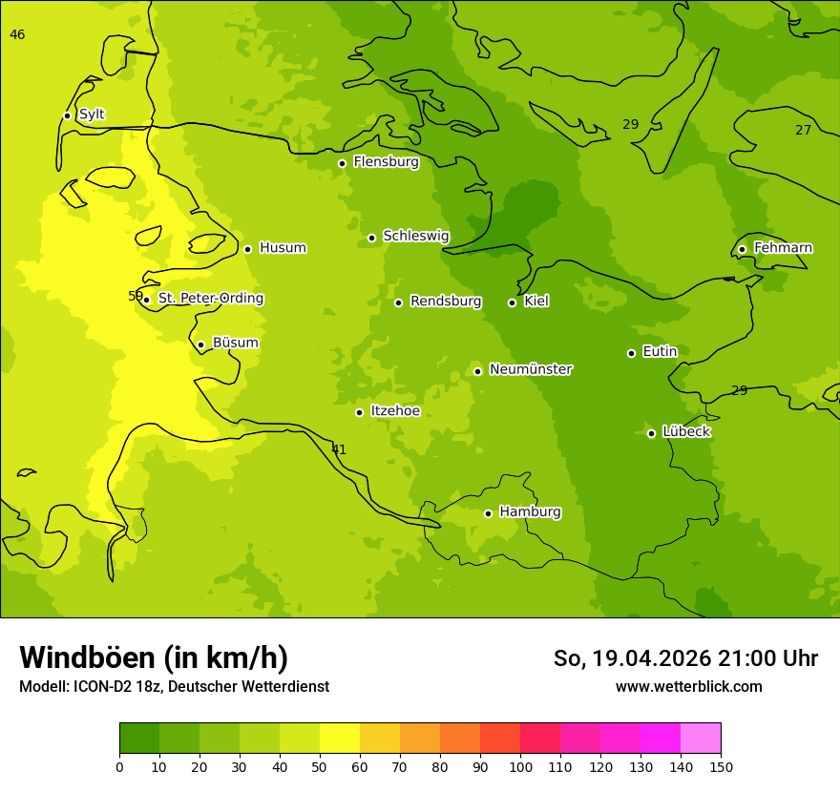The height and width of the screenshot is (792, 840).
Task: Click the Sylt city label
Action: click(92, 115)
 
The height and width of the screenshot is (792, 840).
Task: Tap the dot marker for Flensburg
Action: click(342, 163)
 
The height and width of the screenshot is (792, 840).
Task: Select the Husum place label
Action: click(283, 248)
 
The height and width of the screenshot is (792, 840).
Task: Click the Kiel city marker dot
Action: click(512, 302)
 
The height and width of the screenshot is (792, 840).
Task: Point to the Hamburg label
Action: click(530, 512)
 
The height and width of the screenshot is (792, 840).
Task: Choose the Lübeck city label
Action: click(685, 432)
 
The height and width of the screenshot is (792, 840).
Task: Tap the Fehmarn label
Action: click(783, 248)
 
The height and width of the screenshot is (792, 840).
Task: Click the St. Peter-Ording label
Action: click(210, 299)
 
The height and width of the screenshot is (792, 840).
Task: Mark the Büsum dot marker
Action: click(200, 344)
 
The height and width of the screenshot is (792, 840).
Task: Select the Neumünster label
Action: click(530, 369)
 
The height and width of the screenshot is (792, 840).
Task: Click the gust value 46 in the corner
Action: click(17, 35)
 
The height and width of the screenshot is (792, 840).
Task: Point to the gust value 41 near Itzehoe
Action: click(339, 449)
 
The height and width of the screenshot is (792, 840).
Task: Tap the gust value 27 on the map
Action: click(803, 130)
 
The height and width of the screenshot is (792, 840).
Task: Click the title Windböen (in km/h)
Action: click(154, 657)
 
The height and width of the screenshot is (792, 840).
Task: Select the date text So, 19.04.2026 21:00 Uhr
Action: click(685, 658)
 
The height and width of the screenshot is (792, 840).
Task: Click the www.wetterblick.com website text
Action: click(688, 687)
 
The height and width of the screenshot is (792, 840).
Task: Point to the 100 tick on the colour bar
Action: click(520, 766)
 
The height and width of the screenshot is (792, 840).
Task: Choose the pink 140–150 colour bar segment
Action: click(701, 739)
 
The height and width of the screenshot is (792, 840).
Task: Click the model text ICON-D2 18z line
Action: click(174, 687)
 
